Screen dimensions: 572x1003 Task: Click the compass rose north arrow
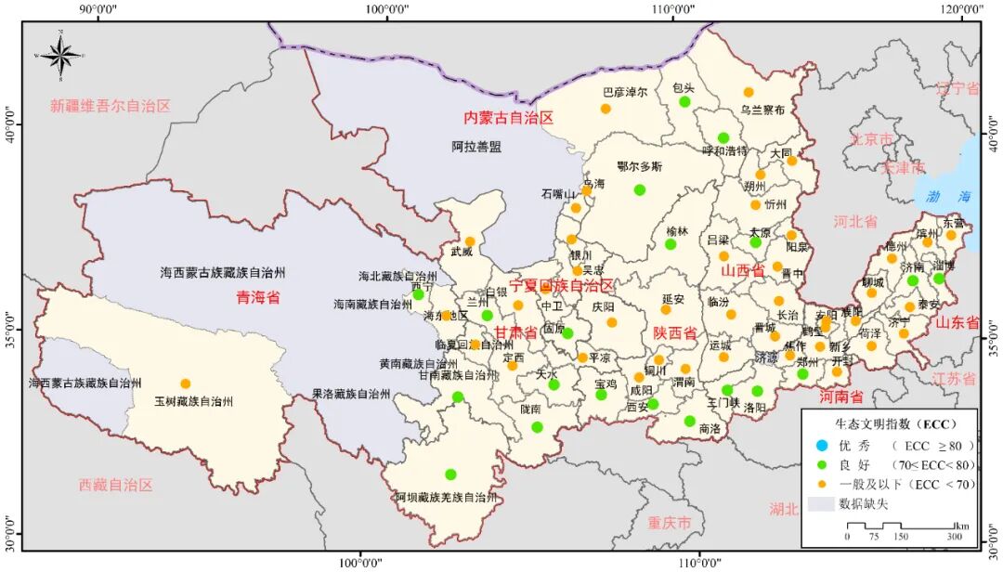61,54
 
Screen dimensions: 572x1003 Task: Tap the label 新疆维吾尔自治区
111,106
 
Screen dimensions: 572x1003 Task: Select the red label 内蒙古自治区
508,118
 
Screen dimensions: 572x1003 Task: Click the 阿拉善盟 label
476,147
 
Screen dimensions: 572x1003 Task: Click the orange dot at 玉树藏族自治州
185,383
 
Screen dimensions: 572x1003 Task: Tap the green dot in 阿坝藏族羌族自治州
450,474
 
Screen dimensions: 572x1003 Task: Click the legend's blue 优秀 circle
821,445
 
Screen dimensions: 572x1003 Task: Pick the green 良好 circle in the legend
821,464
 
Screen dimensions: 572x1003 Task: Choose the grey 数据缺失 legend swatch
821,504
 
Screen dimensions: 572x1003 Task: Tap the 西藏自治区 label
115,485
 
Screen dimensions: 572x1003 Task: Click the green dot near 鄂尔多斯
639,189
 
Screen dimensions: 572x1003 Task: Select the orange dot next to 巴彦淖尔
606,109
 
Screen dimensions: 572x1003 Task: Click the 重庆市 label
671,523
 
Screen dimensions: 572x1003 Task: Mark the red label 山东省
957,323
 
